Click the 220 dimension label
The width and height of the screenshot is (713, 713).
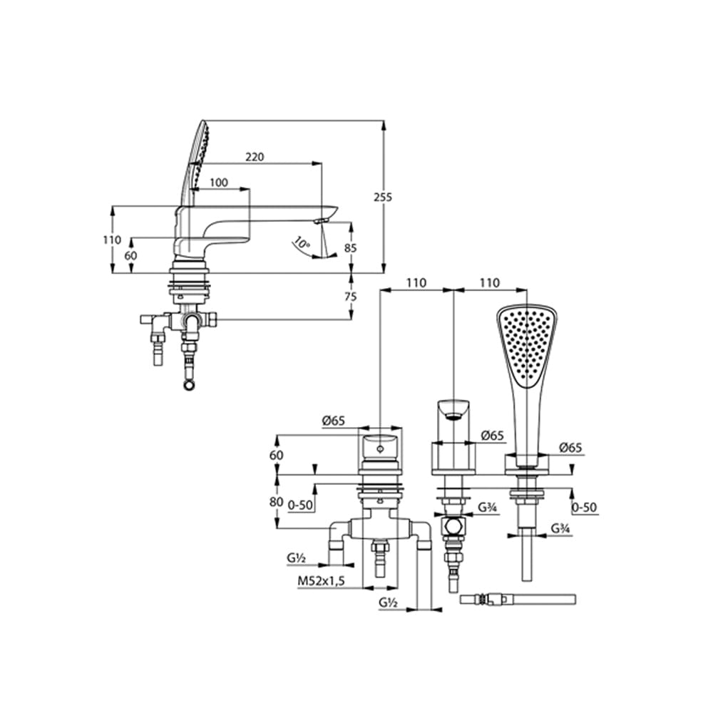click(x=255, y=157)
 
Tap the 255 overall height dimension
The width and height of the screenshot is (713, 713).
click(x=382, y=198)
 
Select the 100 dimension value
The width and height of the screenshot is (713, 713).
click(x=219, y=183)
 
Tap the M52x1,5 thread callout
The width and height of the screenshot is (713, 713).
click(x=322, y=580)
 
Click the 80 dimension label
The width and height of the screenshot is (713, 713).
click(x=277, y=502)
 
